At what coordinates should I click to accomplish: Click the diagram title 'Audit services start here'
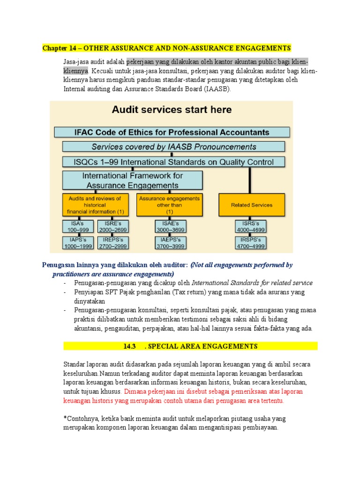pyautogui.click(x=171, y=110)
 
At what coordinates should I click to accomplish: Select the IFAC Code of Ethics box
pyautogui.click(x=172, y=132)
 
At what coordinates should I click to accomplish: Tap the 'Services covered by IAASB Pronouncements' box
pyautogui.click(x=173, y=147)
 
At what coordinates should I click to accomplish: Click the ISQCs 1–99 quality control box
pyautogui.click(x=173, y=162)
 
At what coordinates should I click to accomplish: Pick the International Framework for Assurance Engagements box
pyautogui.click(x=133, y=180)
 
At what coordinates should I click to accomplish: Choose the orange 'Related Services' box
pyautogui.click(x=252, y=205)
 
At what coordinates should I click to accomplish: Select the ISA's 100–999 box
pyautogui.click(x=78, y=226)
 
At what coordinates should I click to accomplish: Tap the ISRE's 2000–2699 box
pyautogui.click(x=112, y=226)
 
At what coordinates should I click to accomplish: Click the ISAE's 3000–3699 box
pyautogui.click(x=171, y=226)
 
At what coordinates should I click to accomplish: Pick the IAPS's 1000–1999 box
pyautogui.click(x=78, y=243)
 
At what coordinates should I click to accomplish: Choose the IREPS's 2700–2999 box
pyautogui.click(x=112, y=243)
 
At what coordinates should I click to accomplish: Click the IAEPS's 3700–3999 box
pyautogui.click(x=171, y=243)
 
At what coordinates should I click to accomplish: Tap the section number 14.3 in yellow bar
pyautogui.click(x=129, y=346)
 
